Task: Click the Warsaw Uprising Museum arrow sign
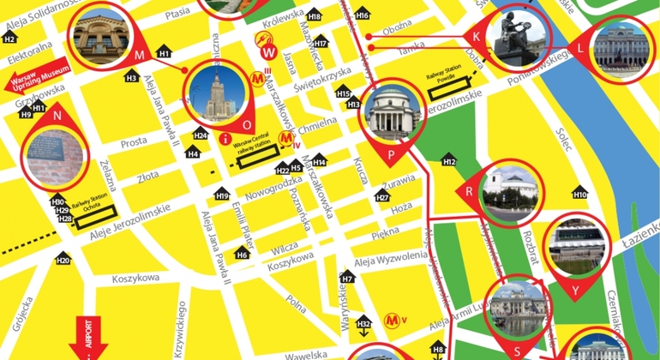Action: [37, 78]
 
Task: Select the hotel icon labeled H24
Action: [200, 135]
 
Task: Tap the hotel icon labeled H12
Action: [449, 159]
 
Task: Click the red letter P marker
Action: [392, 154]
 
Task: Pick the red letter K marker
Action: [477, 37]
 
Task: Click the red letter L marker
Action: [582, 48]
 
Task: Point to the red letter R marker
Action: [469, 192]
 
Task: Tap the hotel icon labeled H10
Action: [579, 194]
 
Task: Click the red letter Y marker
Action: [576, 290]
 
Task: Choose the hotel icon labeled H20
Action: [63, 260]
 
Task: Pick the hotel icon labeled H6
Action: [243, 254]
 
